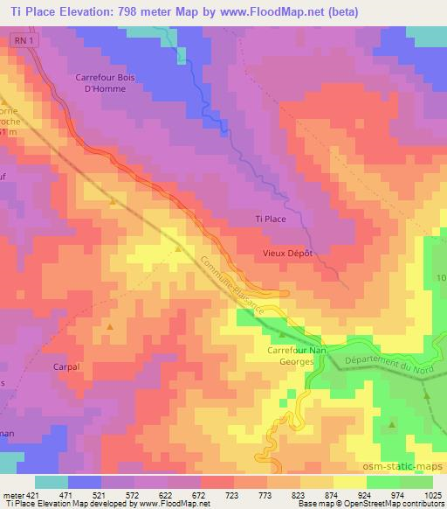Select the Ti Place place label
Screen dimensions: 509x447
click(270, 219)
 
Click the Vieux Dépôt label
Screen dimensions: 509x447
click(287, 253)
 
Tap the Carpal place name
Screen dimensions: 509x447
click(66, 367)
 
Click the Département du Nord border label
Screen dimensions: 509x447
click(388, 365)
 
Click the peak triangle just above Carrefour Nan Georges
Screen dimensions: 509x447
click(283, 334)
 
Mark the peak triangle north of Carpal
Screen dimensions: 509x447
click(110, 326)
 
